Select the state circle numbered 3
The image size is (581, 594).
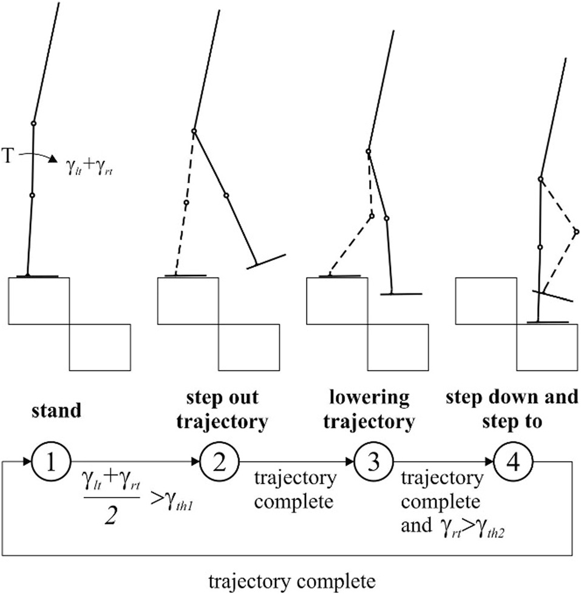pos(370,465)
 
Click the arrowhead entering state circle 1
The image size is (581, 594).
pos(27,462)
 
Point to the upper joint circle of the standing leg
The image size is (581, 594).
pos(34,123)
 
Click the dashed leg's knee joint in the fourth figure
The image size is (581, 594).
pos(576,231)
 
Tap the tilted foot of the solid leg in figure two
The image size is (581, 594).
pos(265,260)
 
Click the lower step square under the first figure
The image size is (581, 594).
pos(100,347)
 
